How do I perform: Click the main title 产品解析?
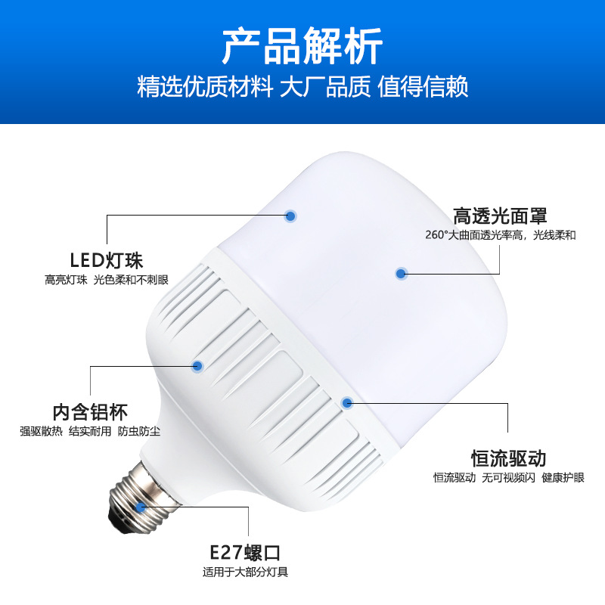tap(302, 47)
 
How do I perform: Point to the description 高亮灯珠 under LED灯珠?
tap(66, 281)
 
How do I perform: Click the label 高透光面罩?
tap(500, 216)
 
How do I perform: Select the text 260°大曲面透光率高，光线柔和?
tap(500, 235)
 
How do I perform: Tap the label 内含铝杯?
tap(90, 412)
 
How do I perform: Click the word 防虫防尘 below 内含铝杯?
tap(140, 432)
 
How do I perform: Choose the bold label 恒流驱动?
tap(508, 458)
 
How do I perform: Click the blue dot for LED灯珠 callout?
tap(290, 216)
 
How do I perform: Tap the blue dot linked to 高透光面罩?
tap(401, 273)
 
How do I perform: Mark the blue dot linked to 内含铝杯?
tap(198, 366)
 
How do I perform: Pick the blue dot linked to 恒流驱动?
tap(346, 402)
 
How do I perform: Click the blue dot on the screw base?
tap(141, 507)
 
